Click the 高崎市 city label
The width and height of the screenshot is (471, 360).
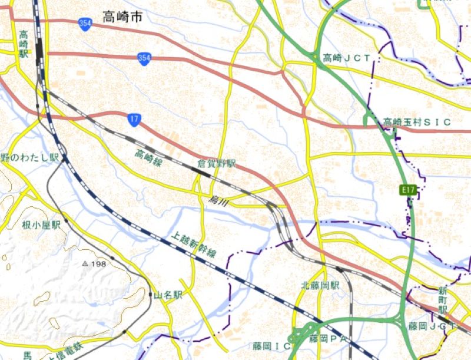tap(122, 17)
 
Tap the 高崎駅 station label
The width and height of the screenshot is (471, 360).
tap(24, 44)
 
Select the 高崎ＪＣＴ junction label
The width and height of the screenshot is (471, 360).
tap(347, 58)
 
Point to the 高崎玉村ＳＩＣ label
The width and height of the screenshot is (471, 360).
tap(417, 122)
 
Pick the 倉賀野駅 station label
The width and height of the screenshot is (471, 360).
tap(216, 163)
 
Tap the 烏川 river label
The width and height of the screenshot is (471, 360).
tap(217, 202)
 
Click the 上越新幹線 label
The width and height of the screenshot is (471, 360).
tap(194, 244)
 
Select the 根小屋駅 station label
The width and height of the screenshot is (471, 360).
tap(42, 224)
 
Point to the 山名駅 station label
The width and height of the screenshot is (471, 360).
tap(169, 295)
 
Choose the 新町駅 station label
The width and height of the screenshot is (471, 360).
tap(443, 300)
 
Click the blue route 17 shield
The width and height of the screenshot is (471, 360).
tap(134, 120)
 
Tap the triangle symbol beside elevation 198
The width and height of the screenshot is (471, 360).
tap(85, 263)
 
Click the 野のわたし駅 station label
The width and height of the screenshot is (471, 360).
tap(29, 157)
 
